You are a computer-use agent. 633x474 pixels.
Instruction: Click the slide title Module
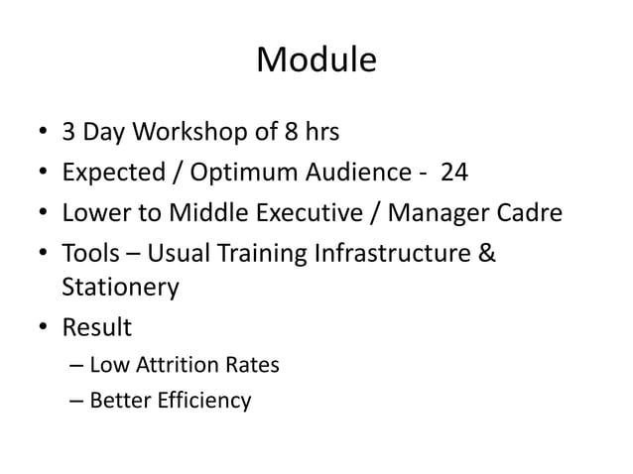pyautogui.click(x=316, y=60)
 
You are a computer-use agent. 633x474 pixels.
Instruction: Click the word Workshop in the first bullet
pyautogui.click(x=184, y=133)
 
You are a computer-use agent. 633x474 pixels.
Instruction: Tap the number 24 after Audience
pyautogui.click(x=454, y=174)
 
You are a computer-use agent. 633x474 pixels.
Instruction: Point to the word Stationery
pyautogui.click(x=120, y=288)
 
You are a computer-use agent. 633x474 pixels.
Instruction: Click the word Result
pyautogui.click(x=97, y=326)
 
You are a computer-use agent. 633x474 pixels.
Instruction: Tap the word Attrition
pyautogui.click(x=173, y=365)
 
